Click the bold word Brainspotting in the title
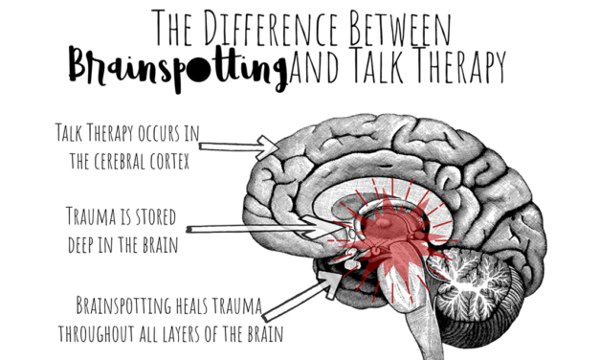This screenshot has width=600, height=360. [x=177, y=67]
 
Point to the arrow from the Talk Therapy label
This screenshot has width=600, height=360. [x=238, y=146]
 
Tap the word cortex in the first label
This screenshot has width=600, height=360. [x=167, y=162]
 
